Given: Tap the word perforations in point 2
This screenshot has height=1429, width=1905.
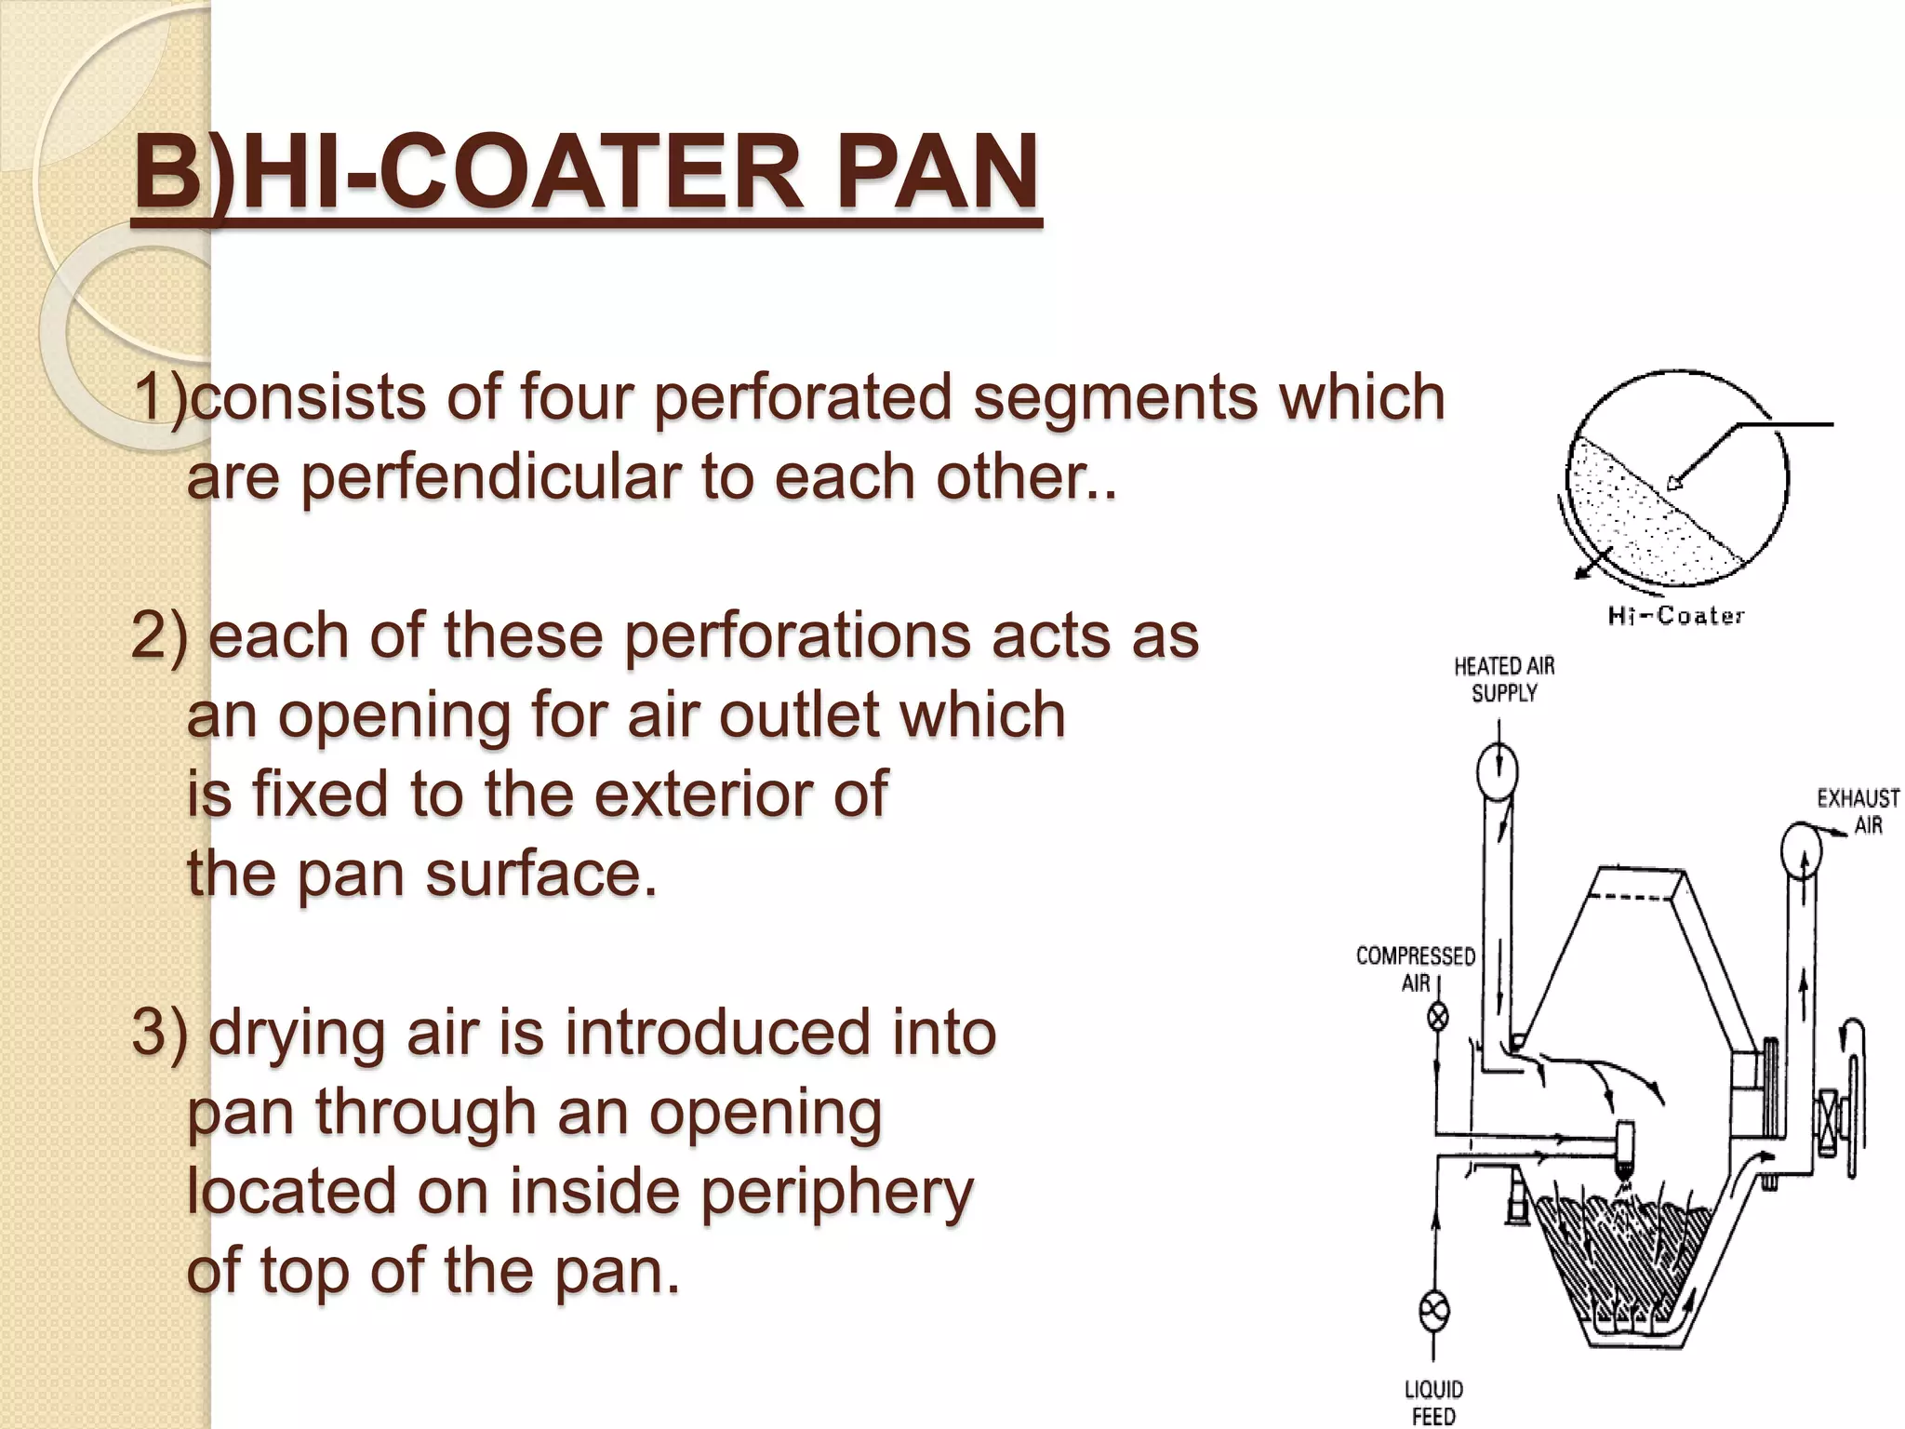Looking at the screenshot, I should (799, 636).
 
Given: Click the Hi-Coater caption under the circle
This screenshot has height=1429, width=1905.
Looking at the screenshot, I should (1675, 615).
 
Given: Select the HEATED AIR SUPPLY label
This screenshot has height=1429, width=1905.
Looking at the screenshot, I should (1503, 679).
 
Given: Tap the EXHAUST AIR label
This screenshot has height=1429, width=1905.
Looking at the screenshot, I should (1857, 811).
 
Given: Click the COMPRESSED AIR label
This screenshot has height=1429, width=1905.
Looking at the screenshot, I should (1415, 968).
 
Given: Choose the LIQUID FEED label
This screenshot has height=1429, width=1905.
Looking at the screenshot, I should (1433, 1402).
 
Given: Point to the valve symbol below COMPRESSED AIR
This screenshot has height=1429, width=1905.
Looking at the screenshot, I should (1438, 1017).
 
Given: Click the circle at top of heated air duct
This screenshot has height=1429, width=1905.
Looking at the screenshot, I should (1497, 771).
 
